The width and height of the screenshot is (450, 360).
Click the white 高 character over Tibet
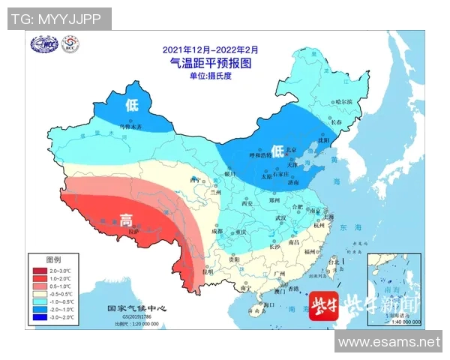point(127,220)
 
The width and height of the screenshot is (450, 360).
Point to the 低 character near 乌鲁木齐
point(133,104)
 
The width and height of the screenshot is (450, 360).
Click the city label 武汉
point(281,217)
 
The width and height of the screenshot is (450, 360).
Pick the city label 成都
point(217,231)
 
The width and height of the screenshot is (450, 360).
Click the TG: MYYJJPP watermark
point(57,19)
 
